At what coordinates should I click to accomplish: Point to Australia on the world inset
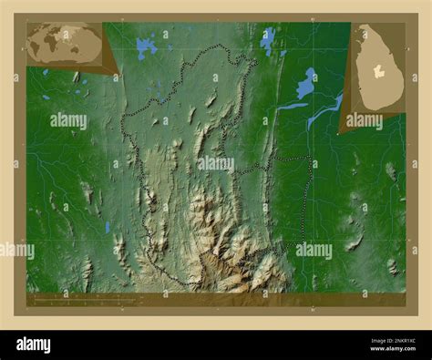coord(93,57)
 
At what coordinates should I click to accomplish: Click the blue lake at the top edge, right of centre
coord(267,40)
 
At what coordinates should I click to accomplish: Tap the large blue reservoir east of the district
coord(306,85)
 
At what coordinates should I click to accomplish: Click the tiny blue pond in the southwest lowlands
coord(107,227)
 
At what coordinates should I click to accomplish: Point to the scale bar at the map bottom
coord(82,298)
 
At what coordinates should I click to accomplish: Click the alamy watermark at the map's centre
coord(216,163)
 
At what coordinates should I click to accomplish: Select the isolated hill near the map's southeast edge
coord(393,266)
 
